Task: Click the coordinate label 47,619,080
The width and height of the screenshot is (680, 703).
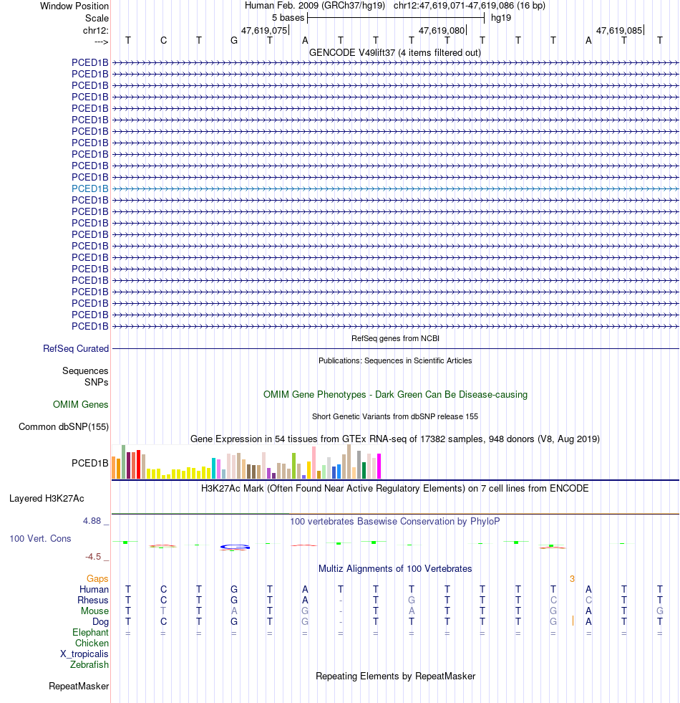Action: coord(442,31)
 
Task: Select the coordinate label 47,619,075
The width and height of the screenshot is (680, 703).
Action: coord(264,31)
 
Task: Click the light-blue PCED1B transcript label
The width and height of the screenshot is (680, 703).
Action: coord(90,188)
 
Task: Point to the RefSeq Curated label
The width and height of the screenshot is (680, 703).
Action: coord(76,349)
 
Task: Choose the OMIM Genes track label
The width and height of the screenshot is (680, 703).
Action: coord(81,405)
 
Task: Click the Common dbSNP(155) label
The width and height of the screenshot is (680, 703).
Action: coord(64,427)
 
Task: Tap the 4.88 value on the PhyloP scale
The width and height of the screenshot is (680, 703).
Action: coord(94,521)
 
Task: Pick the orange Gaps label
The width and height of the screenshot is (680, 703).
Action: coord(97,578)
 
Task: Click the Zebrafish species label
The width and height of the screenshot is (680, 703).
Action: coord(89,664)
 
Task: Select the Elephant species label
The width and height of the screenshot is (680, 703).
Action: coord(90,633)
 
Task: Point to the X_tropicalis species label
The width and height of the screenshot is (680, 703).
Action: coord(84,654)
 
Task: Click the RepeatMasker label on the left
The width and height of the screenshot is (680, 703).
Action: coord(79,687)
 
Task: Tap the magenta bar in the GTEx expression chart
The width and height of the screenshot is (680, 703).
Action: coord(379,466)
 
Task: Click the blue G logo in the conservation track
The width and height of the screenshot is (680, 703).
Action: coord(235,547)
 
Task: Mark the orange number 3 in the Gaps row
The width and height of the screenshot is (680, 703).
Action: coord(572,578)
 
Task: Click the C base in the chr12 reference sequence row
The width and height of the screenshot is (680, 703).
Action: coord(163,40)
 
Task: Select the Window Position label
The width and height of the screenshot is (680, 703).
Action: coord(74,6)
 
